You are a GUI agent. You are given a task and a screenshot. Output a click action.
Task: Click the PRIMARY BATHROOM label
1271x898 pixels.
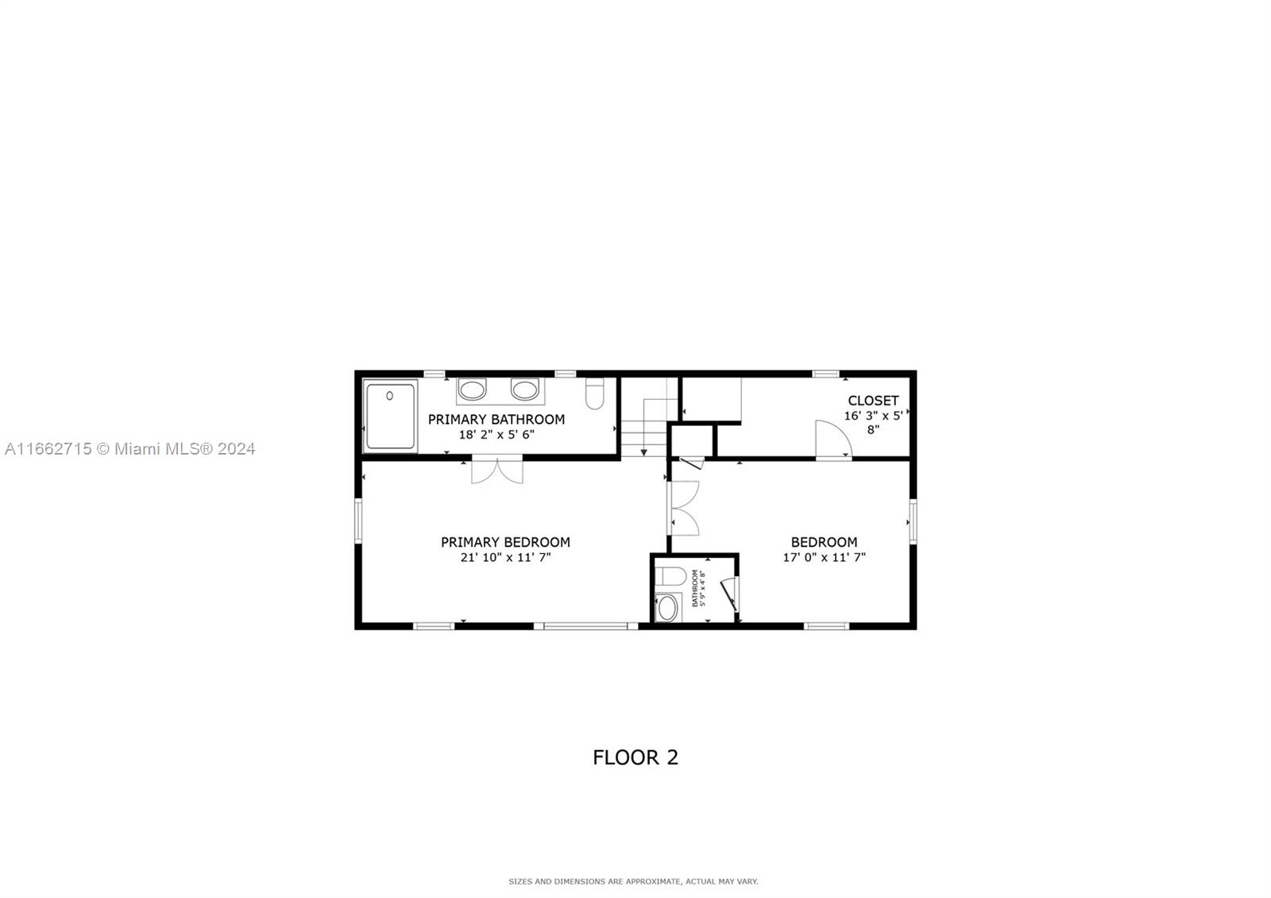(496, 420)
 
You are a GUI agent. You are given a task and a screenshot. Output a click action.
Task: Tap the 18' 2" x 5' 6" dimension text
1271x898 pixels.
(496, 435)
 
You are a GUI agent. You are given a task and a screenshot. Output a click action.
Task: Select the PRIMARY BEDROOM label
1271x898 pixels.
(505, 542)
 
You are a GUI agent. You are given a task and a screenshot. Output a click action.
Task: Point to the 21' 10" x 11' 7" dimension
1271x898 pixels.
(505, 557)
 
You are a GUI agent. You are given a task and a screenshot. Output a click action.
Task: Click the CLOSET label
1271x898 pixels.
(873, 401)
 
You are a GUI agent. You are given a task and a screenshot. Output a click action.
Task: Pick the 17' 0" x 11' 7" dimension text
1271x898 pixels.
(825, 557)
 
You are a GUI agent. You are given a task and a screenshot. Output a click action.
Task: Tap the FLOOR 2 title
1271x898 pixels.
(635, 757)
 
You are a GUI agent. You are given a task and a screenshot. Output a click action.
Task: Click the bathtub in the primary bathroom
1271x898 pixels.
(390, 416)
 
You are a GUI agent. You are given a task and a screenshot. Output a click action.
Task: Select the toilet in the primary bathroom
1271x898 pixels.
(595, 393)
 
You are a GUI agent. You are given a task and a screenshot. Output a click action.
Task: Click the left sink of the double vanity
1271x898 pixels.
(472, 390)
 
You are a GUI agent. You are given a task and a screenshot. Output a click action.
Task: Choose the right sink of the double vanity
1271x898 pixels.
(524, 390)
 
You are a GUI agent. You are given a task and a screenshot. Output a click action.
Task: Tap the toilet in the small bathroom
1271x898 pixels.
(670, 576)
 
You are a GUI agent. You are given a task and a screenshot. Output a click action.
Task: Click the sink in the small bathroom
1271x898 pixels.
(668, 608)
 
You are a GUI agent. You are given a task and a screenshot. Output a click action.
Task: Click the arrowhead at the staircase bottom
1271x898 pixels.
(644, 452)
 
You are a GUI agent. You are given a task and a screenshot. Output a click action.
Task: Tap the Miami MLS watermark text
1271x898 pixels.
(130, 449)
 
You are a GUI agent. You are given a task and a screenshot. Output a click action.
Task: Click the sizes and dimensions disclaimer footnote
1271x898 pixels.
(633, 881)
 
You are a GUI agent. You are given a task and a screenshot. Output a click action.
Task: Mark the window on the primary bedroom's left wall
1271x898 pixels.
(358, 521)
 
